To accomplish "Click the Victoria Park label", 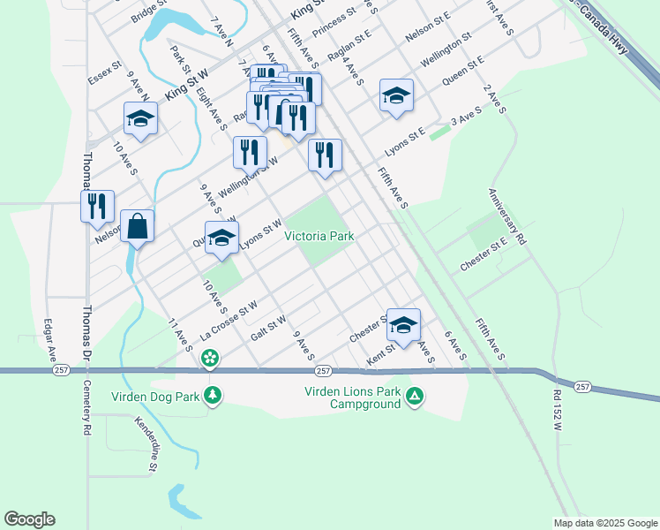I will pyautogui.click(x=319, y=237).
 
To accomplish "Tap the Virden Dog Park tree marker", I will pyautogui.click(x=212, y=395).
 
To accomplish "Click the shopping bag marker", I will pyautogui.click(x=138, y=226).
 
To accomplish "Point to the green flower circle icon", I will pyautogui.click(x=210, y=358).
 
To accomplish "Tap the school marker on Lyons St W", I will pyautogui.click(x=221, y=238).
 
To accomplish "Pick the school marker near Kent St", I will pyautogui.click(x=403, y=325).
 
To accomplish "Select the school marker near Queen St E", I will pyautogui.click(x=396, y=95).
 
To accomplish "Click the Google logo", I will pyautogui.click(x=29, y=519).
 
